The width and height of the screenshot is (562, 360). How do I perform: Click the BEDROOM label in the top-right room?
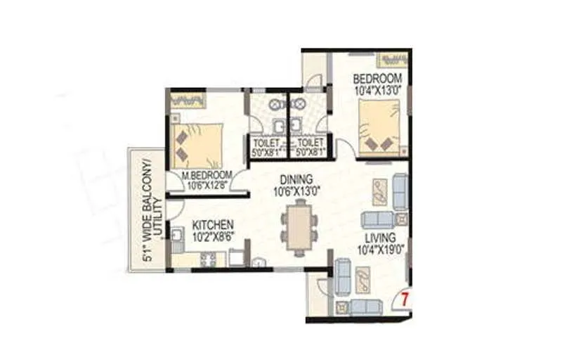377,77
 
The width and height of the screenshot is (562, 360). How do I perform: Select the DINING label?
293,179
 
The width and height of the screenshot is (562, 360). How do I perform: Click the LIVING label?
379,238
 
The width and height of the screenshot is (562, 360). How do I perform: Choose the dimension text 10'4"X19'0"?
379,250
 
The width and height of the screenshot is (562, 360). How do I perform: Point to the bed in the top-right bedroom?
379,129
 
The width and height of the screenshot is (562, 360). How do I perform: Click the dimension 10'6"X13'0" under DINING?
293,191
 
